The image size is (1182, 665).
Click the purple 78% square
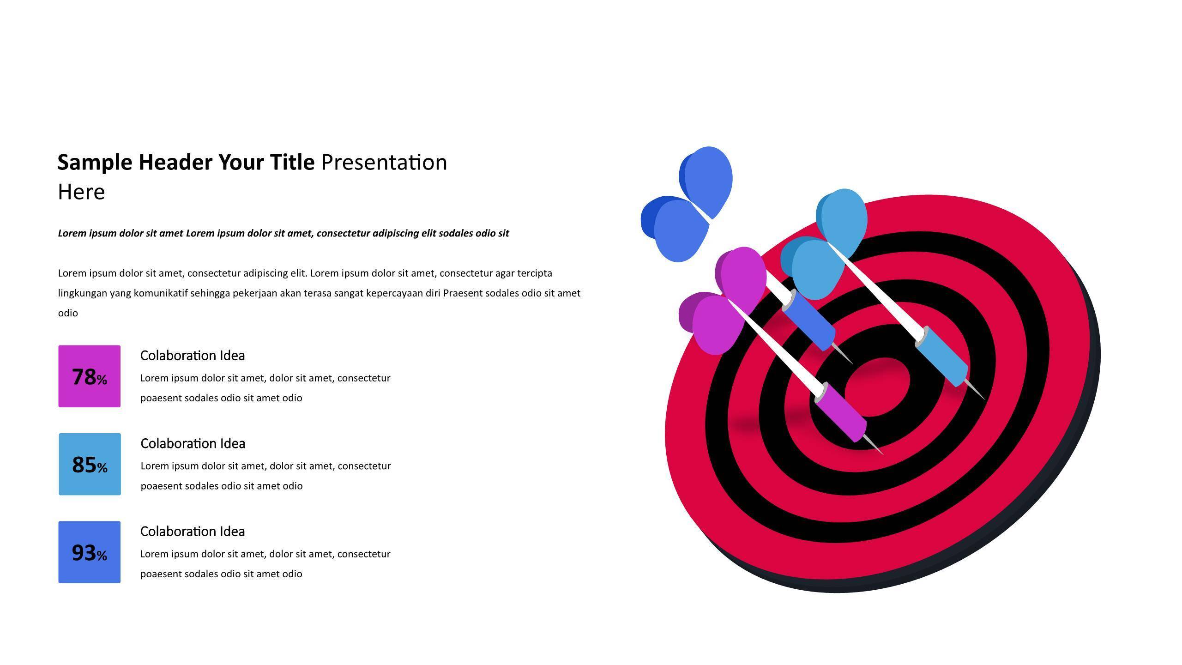point(90,376)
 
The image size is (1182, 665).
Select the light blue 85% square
point(90,464)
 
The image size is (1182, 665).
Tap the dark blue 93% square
point(90,552)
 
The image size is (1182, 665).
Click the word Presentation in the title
point(384,163)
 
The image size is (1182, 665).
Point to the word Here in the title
point(81,192)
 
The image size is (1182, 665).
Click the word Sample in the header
point(95,163)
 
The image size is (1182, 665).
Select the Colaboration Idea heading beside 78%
point(193,356)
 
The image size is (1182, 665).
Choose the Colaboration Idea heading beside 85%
point(193,443)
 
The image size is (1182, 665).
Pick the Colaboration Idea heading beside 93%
point(193,532)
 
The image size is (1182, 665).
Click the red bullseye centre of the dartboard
point(877,387)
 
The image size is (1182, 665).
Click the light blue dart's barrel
point(941,356)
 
